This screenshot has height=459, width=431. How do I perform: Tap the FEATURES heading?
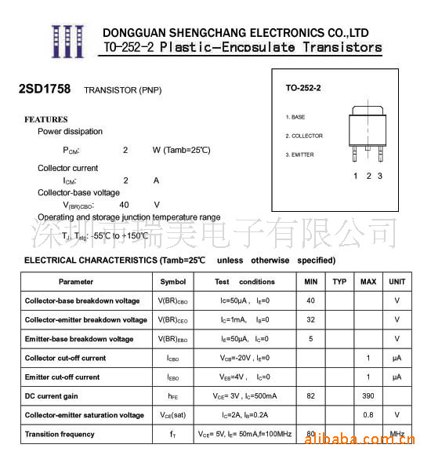[46, 119]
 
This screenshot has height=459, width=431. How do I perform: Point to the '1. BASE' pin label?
[295, 117]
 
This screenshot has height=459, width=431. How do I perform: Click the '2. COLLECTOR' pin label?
[304, 136]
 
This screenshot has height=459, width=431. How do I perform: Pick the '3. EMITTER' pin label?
[299, 155]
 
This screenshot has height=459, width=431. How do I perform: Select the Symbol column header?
[173, 282]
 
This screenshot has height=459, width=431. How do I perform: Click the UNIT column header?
[397, 282]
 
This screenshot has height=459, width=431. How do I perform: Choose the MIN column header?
[311, 282]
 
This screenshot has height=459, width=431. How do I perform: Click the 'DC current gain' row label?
[52, 396]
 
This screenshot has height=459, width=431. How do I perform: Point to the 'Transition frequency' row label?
[60, 434]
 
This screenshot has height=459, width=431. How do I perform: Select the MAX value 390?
[368, 396]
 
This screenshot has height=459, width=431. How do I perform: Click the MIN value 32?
[311, 320]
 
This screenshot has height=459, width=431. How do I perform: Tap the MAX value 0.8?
[368, 415]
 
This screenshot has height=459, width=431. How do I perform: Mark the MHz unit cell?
[397, 434]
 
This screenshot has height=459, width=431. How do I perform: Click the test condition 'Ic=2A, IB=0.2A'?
[244, 415]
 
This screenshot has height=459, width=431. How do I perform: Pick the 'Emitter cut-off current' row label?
[63, 377]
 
